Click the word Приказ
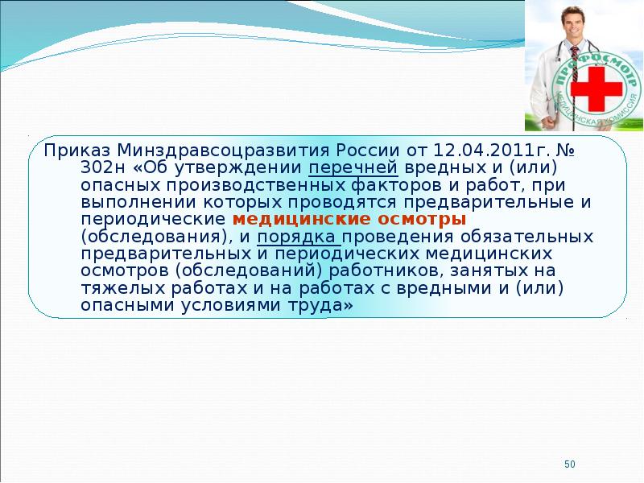76,151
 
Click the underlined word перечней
353,169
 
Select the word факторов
396,186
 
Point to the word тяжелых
123,289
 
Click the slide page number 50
570,464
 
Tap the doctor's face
573,23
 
